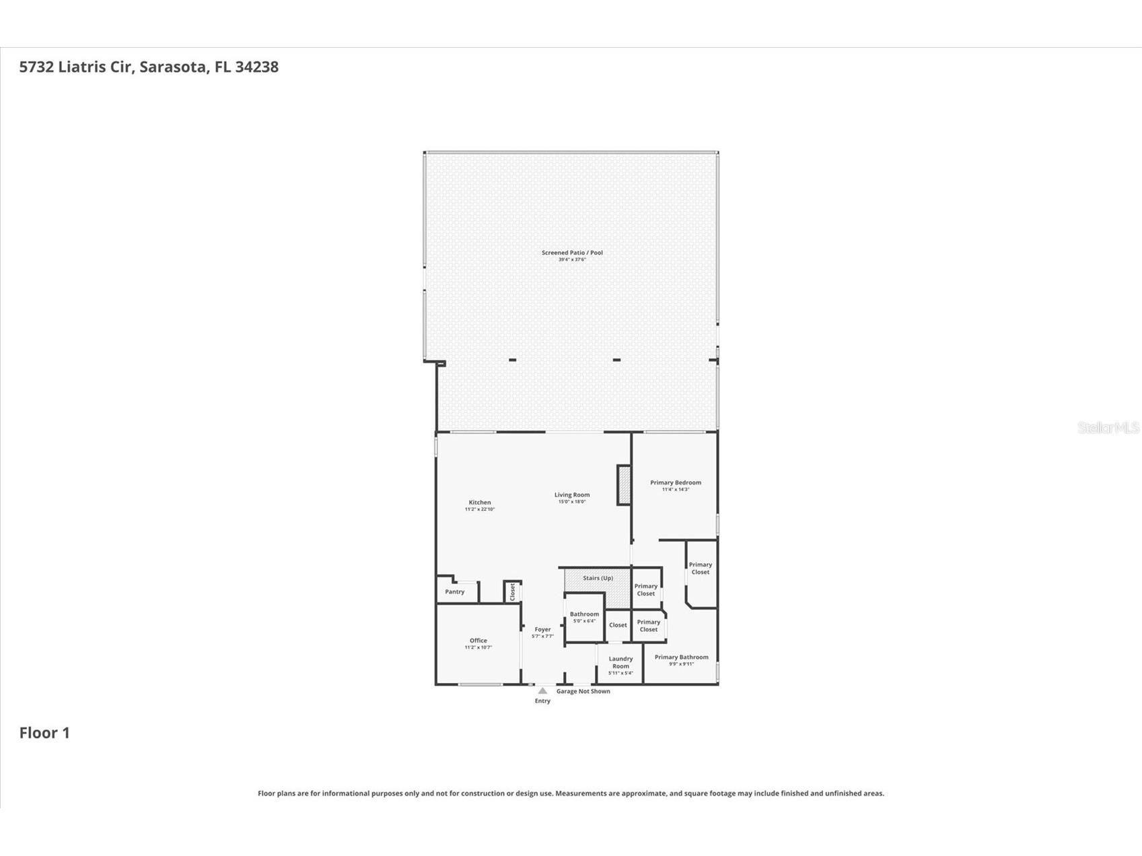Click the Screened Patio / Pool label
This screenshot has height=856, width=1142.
click(572, 253)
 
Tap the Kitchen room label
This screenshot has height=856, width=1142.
click(480, 503)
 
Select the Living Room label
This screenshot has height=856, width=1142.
click(572, 495)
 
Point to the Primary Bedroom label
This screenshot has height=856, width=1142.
click(675, 483)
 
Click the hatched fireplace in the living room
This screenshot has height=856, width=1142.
click(624, 485)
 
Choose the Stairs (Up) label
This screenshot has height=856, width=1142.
click(598, 578)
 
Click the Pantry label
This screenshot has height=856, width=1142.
click(455, 592)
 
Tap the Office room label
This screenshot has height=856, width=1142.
click(478, 641)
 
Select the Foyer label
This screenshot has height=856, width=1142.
click(542, 630)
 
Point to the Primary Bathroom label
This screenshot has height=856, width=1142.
click(681, 657)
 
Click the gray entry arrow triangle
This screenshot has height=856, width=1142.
click(542, 690)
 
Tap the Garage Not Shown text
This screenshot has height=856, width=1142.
click(583, 691)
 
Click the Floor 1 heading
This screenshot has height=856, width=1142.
click(44, 733)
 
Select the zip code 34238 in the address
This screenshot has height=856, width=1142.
click(256, 67)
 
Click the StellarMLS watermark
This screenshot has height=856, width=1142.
click(1108, 427)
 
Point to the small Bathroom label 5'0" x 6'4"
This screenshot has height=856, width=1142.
click(584, 614)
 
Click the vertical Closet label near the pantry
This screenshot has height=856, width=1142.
click(512, 592)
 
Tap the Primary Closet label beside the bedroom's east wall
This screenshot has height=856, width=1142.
click(700, 569)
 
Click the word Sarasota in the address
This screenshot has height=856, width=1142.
click(173, 67)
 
